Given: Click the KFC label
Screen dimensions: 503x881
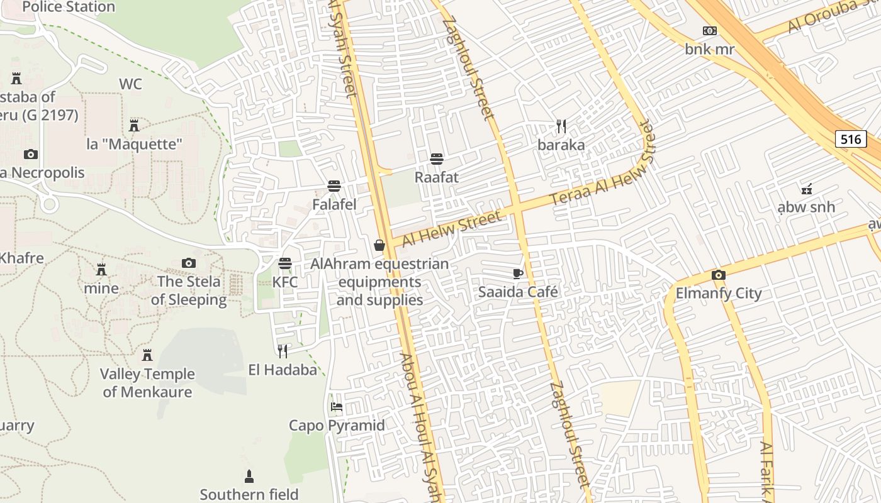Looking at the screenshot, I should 285,282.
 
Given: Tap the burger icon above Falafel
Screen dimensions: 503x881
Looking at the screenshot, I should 334,186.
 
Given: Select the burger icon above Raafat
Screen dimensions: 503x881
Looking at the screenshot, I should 437,158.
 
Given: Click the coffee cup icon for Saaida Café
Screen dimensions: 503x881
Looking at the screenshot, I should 518,273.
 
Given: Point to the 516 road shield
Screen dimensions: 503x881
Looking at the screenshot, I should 851,139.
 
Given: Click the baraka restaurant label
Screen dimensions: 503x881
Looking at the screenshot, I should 561,145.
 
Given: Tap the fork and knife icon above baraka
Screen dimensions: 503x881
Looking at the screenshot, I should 561,126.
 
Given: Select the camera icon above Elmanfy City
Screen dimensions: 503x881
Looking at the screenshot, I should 719,275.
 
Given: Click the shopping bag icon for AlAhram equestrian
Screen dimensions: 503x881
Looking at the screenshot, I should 379,245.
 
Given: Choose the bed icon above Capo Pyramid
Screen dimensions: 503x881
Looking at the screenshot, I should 337,407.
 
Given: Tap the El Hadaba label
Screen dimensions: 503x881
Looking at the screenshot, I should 283,370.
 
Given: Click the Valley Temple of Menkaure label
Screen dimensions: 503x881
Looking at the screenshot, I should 147,383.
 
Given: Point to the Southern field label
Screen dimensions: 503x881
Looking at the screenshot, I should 249,494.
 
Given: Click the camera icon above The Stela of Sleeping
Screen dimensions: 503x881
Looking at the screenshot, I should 188,263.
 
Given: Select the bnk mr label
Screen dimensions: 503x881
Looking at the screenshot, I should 710,49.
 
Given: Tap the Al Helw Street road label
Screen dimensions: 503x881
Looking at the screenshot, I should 452,229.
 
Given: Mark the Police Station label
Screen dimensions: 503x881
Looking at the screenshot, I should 69,8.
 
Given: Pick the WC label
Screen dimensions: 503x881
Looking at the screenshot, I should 130,84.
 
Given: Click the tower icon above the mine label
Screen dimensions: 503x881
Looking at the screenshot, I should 101,270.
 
